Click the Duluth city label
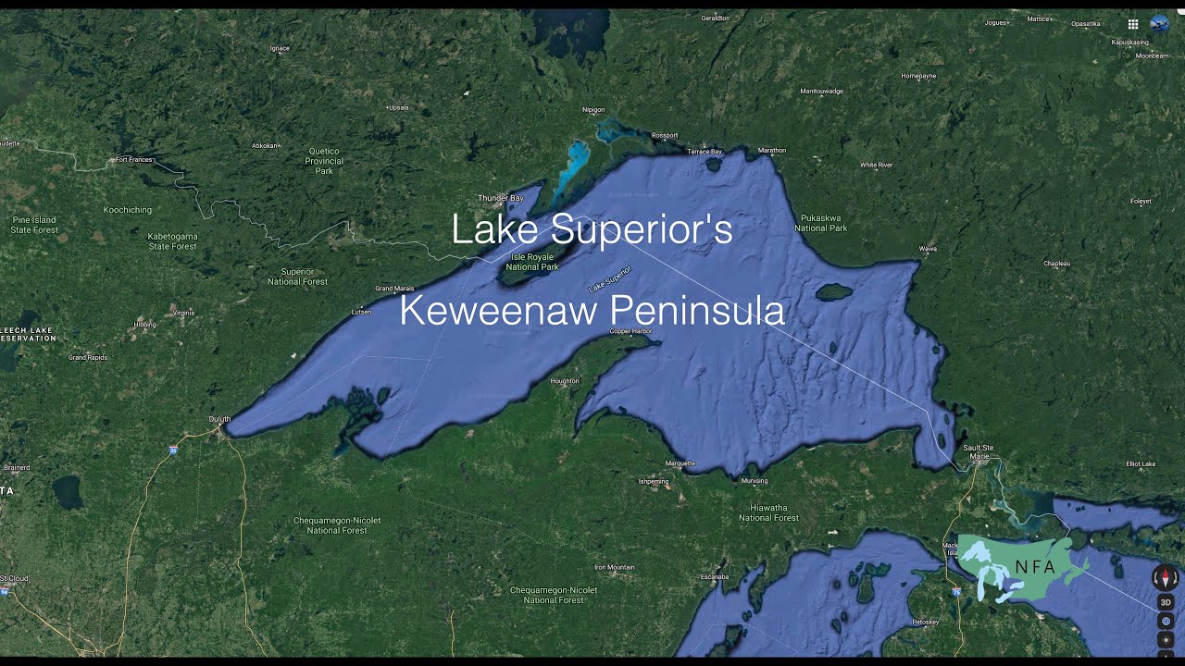(219, 419)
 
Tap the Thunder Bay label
(500, 198)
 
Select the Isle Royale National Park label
(535, 262)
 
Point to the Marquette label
(680, 463)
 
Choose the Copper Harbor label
(630, 331)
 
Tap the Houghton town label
(565, 381)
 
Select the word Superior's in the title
(655, 229)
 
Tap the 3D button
(1166, 602)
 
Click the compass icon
(1166, 578)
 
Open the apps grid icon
(1132, 24)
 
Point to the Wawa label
(928, 249)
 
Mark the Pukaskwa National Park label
(820, 222)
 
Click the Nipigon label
(593, 110)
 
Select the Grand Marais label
(394, 289)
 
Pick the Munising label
(755, 481)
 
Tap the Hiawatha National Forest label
(768, 512)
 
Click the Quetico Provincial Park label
(323, 161)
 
